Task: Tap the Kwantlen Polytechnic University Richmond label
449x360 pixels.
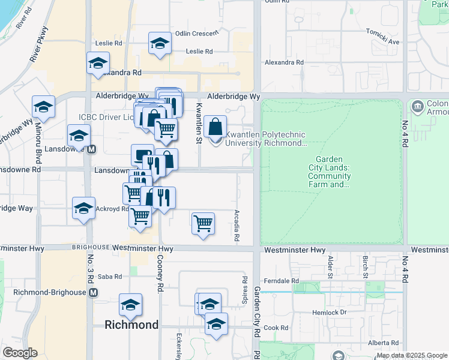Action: (265, 139)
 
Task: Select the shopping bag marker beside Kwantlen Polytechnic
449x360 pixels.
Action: (215, 127)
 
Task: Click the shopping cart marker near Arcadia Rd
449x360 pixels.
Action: (203, 223)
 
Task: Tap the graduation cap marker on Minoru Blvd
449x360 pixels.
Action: (44, 107)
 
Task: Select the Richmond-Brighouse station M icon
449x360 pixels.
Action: (93, 293)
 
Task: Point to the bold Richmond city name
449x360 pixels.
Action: (131, 325)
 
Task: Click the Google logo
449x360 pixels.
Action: (20, 353)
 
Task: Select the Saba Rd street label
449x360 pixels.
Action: (110, 277)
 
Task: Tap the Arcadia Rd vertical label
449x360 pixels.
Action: (237, 225)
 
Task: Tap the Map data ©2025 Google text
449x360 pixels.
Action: (412, 355)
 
